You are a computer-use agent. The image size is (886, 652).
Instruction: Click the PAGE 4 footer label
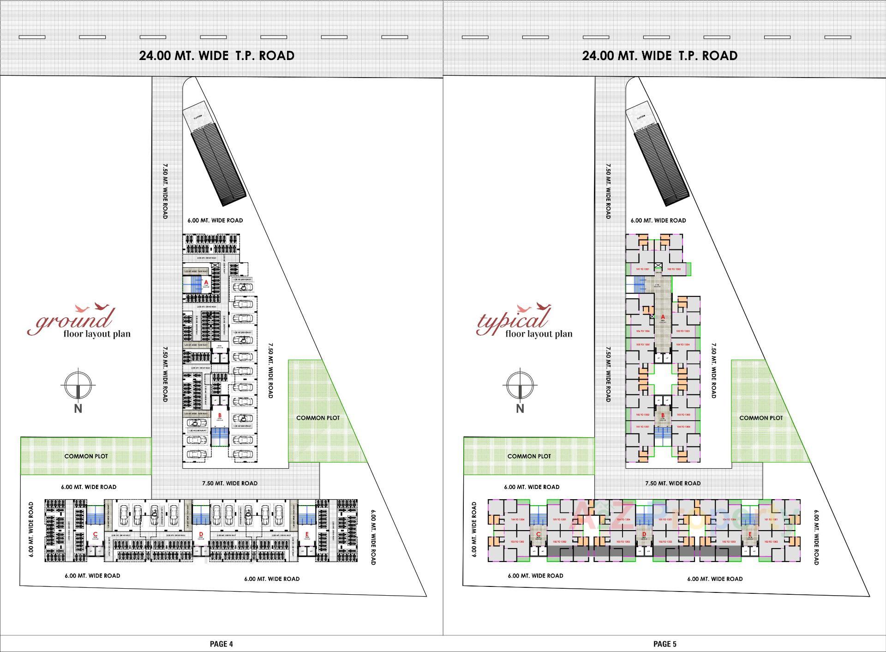pos(221,644)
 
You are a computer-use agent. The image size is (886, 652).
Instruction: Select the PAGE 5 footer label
pos(664,644)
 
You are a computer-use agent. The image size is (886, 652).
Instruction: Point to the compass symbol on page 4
pos(78,385)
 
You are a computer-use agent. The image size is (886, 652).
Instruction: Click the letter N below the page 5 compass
pos(521,409)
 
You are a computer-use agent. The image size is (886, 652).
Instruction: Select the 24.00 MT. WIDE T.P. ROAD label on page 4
pos(217,56)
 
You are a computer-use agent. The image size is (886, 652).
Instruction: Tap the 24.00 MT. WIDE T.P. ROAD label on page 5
pos(659,56)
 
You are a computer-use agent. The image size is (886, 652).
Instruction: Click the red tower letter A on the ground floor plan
pos(206,282)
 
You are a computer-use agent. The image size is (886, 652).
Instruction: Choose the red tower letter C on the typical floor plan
pos(538,534)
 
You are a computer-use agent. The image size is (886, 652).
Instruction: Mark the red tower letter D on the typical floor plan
pos(644,534)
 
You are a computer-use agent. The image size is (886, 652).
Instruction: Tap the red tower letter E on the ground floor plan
pos(307,534)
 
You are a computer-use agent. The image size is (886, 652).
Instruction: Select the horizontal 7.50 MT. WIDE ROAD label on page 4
pos(230,483)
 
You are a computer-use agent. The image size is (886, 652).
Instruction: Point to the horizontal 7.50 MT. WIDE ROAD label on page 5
pos(673,483)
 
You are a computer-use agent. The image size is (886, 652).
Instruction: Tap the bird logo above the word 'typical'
pos(535,307)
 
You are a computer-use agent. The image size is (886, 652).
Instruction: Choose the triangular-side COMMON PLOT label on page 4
pos(318,418)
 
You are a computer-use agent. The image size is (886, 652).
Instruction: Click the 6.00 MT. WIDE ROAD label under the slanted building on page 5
pos(658,220)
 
